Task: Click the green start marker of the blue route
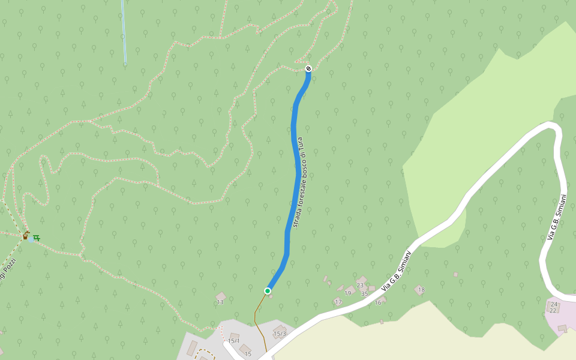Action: click(268, 291)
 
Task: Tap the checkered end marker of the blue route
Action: click(308, 68)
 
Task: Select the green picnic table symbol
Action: click(37, 238)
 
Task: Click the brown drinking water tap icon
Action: click(26, 235)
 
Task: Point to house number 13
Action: click(220, 302)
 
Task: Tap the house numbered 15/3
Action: click(280, 334)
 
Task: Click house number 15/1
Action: click(233, 341)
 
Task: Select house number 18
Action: click(421, 290)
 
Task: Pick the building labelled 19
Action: click(348, 293)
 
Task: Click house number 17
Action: click(338, 302)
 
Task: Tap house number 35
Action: click(364, 293)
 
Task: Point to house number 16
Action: click(378, 302)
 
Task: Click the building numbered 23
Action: click(360, 284)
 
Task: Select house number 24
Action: click(553, 304)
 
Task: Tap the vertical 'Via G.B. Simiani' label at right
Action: click(557, 217)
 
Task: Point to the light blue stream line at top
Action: click(124, 30)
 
